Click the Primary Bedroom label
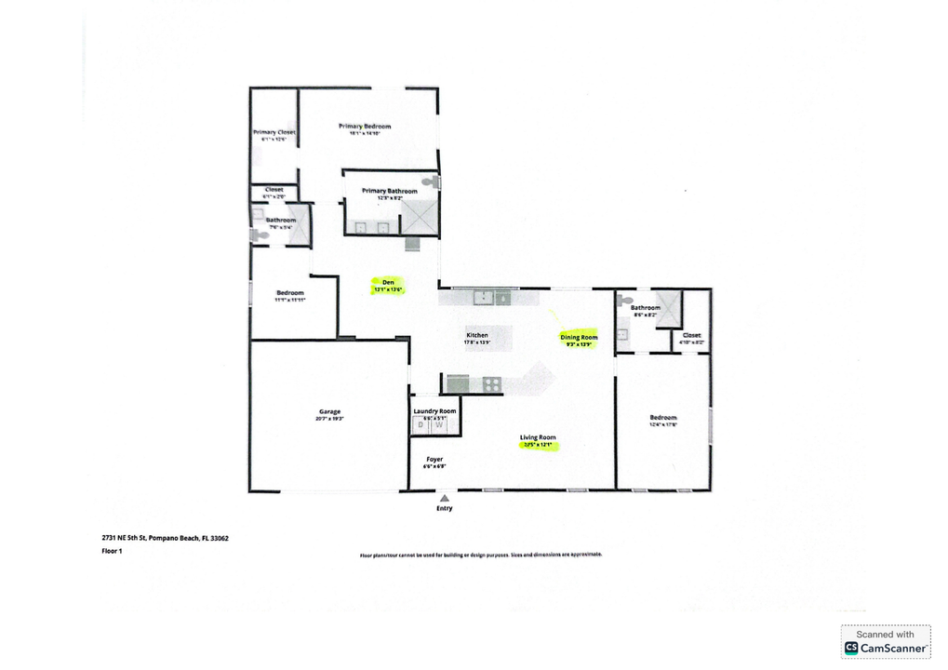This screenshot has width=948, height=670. click(364, 127)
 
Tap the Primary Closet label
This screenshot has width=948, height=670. click(274, 133)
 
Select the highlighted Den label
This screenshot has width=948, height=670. click(389, 282)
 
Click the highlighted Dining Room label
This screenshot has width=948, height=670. click(578, 337)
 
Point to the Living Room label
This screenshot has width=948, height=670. click(538, 437)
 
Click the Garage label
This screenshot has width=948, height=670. click(329, 411)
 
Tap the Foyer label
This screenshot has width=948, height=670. click(434, 460)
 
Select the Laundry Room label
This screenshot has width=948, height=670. click(434, 411)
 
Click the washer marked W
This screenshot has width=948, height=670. click(441, 426)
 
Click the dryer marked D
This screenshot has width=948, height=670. click(421, 426)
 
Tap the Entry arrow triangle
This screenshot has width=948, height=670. click(445, 498)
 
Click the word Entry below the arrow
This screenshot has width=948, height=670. click(445, 509)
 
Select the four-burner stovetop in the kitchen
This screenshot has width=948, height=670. click(491, 383)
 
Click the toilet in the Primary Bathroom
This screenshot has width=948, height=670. click(430, 183)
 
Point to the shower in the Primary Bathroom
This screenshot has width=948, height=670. click(419, 217)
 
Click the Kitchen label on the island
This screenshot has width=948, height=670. click(477, 335)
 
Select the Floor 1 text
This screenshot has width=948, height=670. click(112, 551)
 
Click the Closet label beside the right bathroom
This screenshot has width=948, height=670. click(691, 335)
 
